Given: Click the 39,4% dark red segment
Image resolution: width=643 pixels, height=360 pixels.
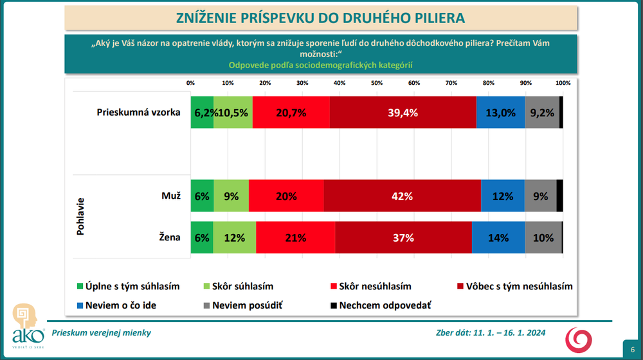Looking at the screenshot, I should click(x=403, y=113).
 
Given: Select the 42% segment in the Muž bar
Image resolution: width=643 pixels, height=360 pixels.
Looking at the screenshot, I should click(x=403, y=196).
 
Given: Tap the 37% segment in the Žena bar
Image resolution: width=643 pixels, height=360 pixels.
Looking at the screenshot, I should click(x=403, y=238).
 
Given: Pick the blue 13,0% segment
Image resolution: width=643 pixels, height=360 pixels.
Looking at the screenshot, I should click(x=501, y=113).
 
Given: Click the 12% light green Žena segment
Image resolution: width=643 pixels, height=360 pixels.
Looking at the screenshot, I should click(x=235, y=238).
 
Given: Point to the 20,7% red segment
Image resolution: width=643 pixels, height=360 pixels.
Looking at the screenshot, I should click(x=291, y=113).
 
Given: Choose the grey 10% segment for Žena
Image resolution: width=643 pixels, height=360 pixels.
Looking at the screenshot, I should click(x=543, y=238).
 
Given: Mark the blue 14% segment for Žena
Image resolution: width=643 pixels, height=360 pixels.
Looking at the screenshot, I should click(x=498, y=238).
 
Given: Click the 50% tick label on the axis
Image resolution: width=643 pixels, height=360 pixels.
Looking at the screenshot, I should click(x=377, y=84).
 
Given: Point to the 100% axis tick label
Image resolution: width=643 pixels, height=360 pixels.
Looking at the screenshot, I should click(x=563, y=84).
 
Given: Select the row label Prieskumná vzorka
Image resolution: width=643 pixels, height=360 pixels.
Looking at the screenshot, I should click(x=139, y=113).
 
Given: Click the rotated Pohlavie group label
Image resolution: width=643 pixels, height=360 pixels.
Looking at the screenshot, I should click(x=82, y=217).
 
